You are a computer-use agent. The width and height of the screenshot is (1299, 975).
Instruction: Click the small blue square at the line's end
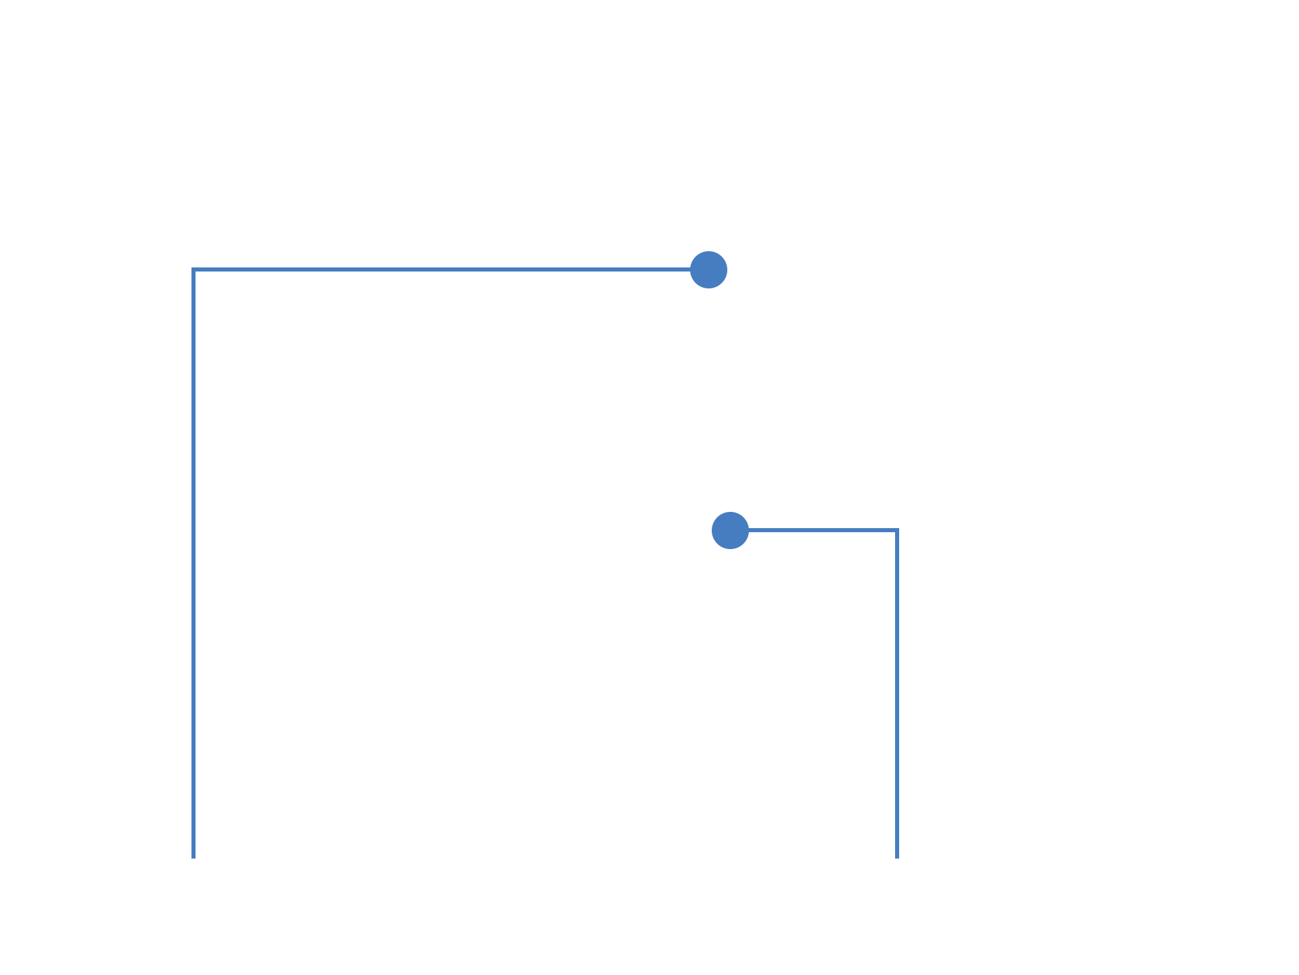(708, 270)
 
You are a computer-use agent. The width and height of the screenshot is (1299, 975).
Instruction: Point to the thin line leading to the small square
(593, 269)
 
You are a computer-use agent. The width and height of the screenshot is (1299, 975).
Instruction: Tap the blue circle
(729, 530)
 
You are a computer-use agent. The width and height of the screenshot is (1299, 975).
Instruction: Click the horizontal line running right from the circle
(822, 530)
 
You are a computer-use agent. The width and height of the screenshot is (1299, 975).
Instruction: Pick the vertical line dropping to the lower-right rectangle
(897, 626)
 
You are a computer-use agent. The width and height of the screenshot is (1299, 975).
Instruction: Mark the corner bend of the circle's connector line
(897, 530)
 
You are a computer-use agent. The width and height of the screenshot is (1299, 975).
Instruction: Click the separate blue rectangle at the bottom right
(823, 791)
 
